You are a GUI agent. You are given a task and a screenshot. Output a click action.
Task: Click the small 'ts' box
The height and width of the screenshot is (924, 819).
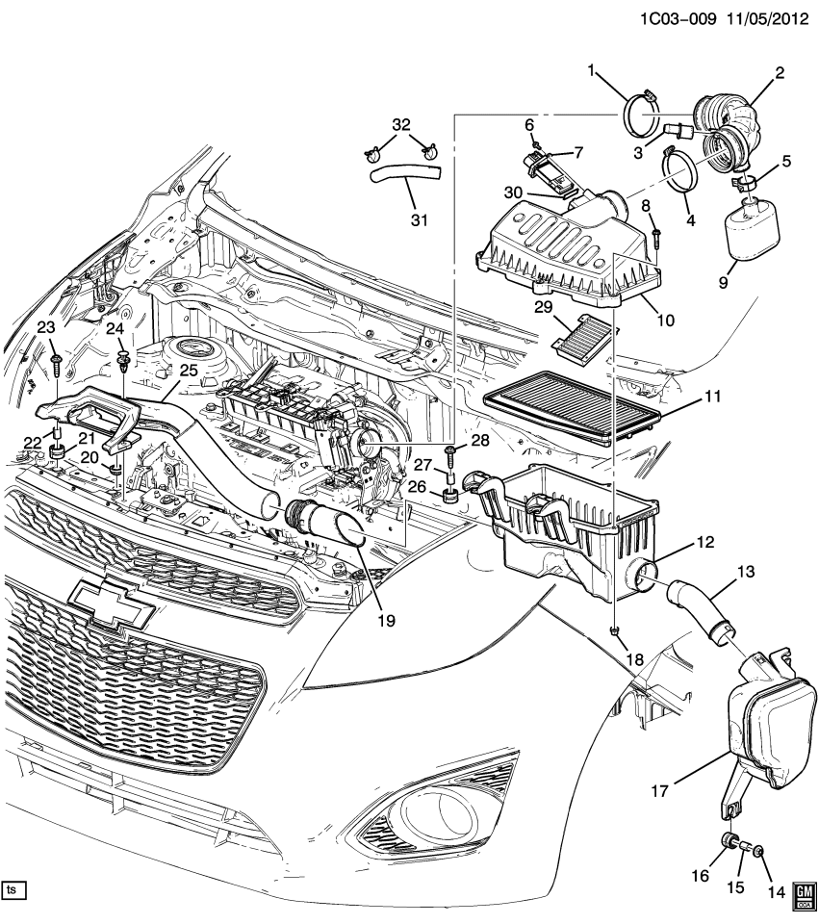13,886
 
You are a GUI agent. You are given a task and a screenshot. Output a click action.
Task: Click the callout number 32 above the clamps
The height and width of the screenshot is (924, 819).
401,125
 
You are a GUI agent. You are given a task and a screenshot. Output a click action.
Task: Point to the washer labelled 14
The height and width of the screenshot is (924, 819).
761,851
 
